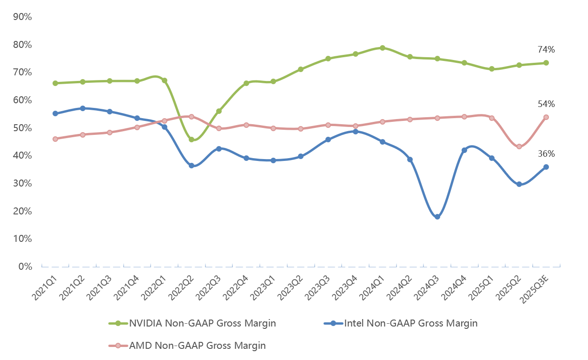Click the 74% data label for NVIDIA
click(x=546, y=50)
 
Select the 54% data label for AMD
click(x=546, y=104)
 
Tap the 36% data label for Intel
click(x=546, y=154)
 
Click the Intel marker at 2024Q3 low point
click(x=437, y=217)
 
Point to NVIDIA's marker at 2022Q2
click(x=192, y=140)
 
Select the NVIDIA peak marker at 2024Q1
click(x=383, y=48)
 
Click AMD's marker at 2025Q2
click(x=519, y=147)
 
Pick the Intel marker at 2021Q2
click(x=83, y=108)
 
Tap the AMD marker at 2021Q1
click(x=55, y=139)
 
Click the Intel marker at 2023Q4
click(x=355, y=132)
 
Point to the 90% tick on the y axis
click(x=22, y=17)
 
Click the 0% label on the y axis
click(x=25, y=267)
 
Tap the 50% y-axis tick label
click(x=22, y=128)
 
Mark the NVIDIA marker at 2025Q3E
click(x=546, y=63)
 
